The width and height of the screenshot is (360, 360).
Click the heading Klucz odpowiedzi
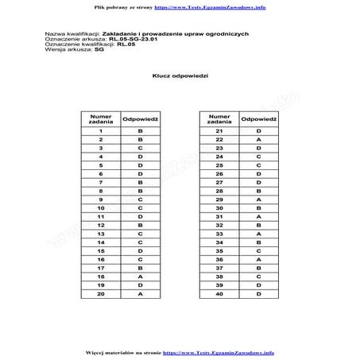point(180,75)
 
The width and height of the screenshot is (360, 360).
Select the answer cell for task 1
point(140,130)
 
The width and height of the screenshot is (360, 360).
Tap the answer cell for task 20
point(140,293)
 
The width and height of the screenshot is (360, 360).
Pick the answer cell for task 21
point(258,130)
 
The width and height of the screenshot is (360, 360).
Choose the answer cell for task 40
point(258,293)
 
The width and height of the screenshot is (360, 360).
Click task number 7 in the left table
point(102,181)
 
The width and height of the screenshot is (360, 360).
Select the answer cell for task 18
point(140,276)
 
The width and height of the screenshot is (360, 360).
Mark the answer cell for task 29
point(258,199)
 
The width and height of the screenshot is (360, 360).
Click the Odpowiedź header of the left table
point(140,117)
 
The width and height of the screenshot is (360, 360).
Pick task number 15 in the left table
point(102,250)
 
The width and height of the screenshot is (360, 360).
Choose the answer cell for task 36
point(258,259)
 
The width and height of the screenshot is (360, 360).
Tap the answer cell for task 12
point(140,224)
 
